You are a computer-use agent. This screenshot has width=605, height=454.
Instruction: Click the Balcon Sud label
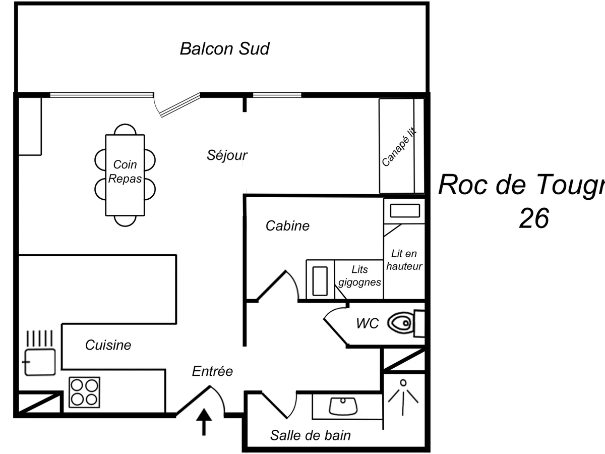pyautogui.click(x=224, y=49)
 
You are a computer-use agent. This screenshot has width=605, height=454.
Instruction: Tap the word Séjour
pyautogui.click(x=227, y=155)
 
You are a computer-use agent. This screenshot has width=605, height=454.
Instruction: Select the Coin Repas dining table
pyautogui.click(x=125, y=175)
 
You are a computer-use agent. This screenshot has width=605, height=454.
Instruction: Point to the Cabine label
pyautogui.click(x=287, y=226)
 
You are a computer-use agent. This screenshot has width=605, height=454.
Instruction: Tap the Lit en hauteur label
pyautogui.click(x=404, y=260)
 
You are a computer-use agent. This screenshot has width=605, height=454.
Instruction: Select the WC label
pyautogui.click(x=367, y=324)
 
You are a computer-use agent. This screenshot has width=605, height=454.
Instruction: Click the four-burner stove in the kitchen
pyautogui.click(x=84, y=392)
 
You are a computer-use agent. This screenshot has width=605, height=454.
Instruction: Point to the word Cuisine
pyautogui.click(x=108, y=345)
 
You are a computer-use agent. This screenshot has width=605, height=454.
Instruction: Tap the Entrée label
pyautogui.click(x=212, y=371)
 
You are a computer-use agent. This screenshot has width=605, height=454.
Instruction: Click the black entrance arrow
pyautogui.click(x=204, y=422)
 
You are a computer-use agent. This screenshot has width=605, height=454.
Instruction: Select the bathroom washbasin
pyautogui.click(x=343, y=406)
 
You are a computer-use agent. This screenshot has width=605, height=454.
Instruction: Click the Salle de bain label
pyautogui.click(x=310, y=435)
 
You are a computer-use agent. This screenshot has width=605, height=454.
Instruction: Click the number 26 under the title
pyautogui.click(x=533, y=218)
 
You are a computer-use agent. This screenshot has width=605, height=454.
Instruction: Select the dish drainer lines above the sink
pyautogui.click(x=40, y=337)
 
